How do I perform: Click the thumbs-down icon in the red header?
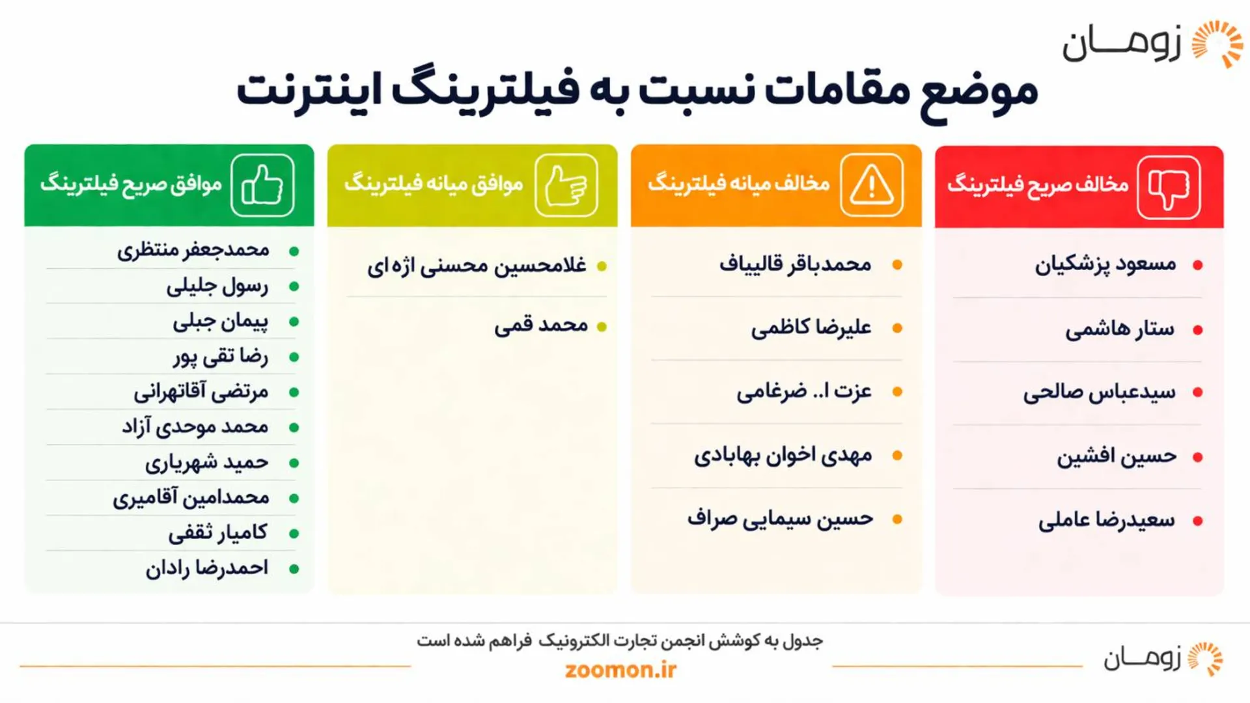1169,187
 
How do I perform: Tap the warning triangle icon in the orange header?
871,186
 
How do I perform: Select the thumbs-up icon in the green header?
262,186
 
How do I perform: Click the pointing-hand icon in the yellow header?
566,186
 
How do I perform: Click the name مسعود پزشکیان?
1105,265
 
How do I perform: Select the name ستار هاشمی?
1120,329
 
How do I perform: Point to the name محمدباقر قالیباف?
795,264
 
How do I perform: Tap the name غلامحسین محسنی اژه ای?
477,266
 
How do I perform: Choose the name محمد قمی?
540,325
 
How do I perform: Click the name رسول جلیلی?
217,286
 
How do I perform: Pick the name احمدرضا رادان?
206,568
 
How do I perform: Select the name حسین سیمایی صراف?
780,519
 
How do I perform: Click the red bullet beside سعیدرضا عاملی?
1197,521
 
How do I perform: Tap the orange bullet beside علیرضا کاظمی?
897,328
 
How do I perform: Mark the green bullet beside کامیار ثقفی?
294,534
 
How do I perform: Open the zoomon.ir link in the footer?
620,670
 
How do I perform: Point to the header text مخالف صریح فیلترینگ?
1038,185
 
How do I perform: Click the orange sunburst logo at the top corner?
1217,44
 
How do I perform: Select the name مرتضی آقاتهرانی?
201,392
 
